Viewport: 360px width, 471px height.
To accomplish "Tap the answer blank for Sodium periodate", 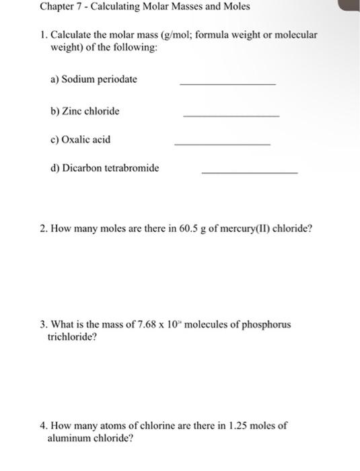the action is pyautogui.click(x=227, y=83).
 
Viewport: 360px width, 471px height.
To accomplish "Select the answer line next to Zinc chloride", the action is pyautogui.click(x=231, y=116).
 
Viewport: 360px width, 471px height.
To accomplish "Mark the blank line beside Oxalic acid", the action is pyautogui.click(x=222, y=145).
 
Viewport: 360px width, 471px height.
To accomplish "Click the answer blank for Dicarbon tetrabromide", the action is pyautogui.click(x=250, y=173).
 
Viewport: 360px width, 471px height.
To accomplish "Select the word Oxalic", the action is pyautogui.click(x=76, y=140).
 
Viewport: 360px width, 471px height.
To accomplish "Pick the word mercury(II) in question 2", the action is pyautogui.click(x=242, y=229).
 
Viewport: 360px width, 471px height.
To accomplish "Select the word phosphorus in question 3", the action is pyautogui.click(x=266, y=324).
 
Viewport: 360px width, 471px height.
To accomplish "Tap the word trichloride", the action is pyautogui.click(x=72, y=336).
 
